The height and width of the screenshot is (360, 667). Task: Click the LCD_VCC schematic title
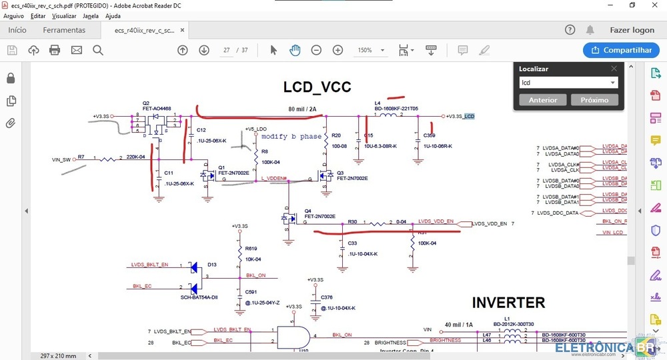click(x=317, y=87)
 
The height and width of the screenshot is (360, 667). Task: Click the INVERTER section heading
click(x=508, y=303)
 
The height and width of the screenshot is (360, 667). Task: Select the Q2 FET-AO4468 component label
click(x=156, y=106)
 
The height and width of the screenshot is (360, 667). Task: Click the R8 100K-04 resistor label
click(x=270, y=157)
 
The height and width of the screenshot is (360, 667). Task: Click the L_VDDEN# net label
click(x=273, y=178)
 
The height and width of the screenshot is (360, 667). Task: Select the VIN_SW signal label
click(x=61, y=159)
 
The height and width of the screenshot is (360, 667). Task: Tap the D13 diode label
click(x=211, y=265)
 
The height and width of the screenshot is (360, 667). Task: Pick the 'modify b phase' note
click(x=291, y=136)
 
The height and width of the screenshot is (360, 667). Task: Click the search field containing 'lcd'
click(x=564, y=83)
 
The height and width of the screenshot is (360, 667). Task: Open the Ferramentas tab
click(x=64, y=30)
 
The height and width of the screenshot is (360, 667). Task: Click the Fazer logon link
click(x=632, y=30)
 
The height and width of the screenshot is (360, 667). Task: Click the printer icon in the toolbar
click(x=55, y=50)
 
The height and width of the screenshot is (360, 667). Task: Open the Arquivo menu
click(x=13, y=15)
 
